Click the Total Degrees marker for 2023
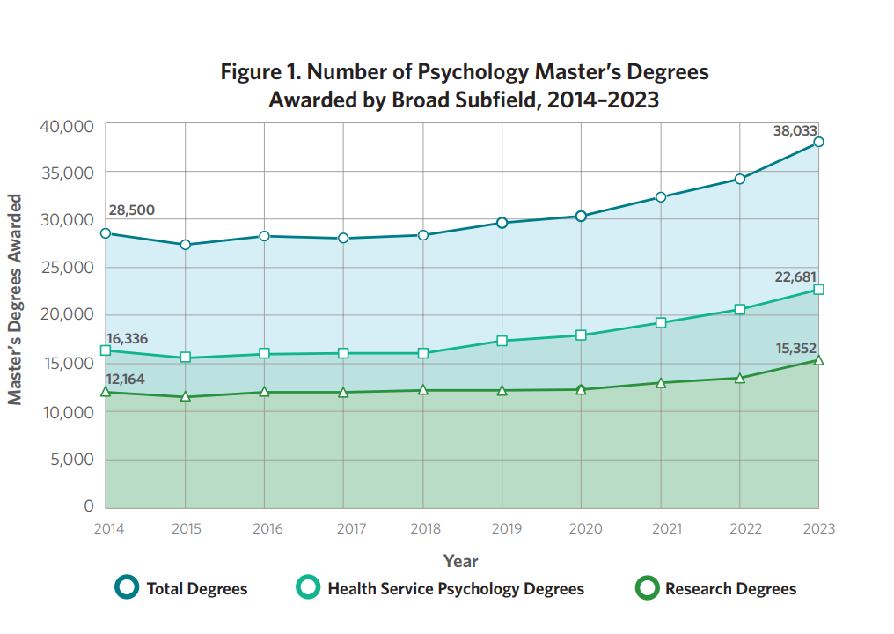coord(818,142)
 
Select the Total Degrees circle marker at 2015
coord(186,245)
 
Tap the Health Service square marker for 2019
coord(502,341)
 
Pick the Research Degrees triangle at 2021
coord(661,383)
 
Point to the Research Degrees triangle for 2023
coord(818,360)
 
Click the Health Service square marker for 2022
coord(739,309)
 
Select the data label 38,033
coord(795,130)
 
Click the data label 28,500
coord(132,210)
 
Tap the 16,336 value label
coord(127,338)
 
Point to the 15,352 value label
coord(796,348)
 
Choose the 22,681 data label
coord(795,276)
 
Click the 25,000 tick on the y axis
coord(67,267)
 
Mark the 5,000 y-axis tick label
coord(72,460)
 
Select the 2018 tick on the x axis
coord(425,529)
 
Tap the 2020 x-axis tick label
coord(585,529)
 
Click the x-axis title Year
coord(461,561)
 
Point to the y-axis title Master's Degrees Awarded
coord(14,299)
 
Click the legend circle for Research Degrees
coord(647,588)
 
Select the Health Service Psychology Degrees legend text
coord(456,589)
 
